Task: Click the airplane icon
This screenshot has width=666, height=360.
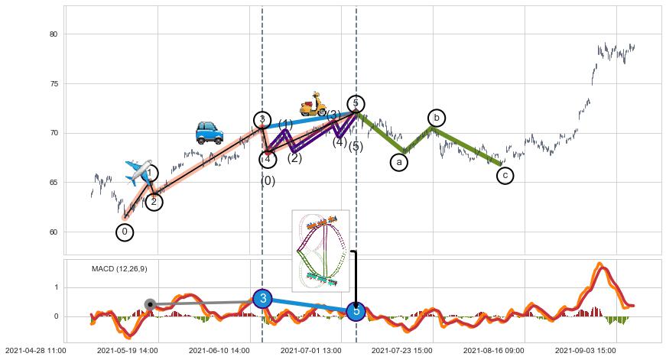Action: pyautogui.click(x=138, y=172)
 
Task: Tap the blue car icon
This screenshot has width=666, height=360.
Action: pyautogui.click(x=209, y=132)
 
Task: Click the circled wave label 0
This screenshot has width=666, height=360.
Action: pyautogui.click(x=125, y=232)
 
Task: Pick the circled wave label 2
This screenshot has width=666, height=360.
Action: pyautogui.click(x=154, y=202)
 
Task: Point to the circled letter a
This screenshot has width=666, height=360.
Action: pyautogui.click(x=398, y=162)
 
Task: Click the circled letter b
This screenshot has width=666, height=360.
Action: pyautogui.click(x=437, y=117)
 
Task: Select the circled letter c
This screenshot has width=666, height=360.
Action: pyautogui.click(x=504, y=176)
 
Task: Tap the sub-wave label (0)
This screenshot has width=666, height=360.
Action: pyautogui.click(x=268, y=181)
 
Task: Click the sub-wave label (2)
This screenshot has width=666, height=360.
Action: pyautogui.click(x=294, y=158)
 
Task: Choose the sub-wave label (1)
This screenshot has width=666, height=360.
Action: pyautogui.click(x=285, y=125)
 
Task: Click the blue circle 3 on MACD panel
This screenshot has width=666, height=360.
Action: pyautogui.click(x=262, y=298)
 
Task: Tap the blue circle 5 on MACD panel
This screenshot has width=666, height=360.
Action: pyautogui.click(x=356, y=311)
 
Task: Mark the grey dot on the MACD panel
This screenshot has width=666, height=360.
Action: pyautogui.click(x=151, y=304)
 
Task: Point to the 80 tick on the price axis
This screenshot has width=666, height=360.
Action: pyautogui.click(x=53, y=34)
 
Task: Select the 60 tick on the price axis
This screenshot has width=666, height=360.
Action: pyautogui.click(x=53, y=232)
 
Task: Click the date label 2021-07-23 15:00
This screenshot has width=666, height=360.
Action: pyautogui.click(x=402, y=350)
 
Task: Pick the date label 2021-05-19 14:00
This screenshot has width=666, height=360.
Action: pyautogui.click(x=128, y=350)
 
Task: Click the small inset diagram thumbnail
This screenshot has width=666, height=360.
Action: pyautogui.click(x=320, y=250)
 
